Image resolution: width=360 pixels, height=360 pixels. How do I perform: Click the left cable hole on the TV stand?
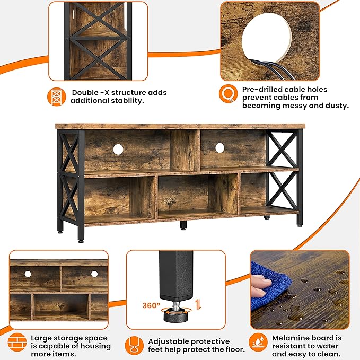pyautogui.click(x=118, y=149)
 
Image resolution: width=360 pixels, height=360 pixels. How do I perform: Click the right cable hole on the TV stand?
pyautogui.click(x=219, y=148)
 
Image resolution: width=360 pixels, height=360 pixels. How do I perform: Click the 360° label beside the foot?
pyautogui.click(x=151, y=305)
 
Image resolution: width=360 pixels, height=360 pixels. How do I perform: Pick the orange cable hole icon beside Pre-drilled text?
pyautogui.click(x=228, y=94)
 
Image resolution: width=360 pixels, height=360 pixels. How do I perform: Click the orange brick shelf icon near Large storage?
pyautogui.click(x=17, y=342)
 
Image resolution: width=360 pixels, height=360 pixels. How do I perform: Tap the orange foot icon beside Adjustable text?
pyautogui.click(x=135, y=346)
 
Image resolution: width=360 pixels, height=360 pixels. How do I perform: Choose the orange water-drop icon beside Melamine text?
pyautogui.click(x=258, y=342)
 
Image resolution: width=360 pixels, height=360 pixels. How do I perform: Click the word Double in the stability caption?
pyautogui.click(x=85, y=93)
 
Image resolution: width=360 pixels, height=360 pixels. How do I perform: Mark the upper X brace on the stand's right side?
pyautogui.click(x=282, y=149)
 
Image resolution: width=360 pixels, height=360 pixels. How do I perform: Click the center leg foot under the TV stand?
pyautogui.click(x=183, y=226)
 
